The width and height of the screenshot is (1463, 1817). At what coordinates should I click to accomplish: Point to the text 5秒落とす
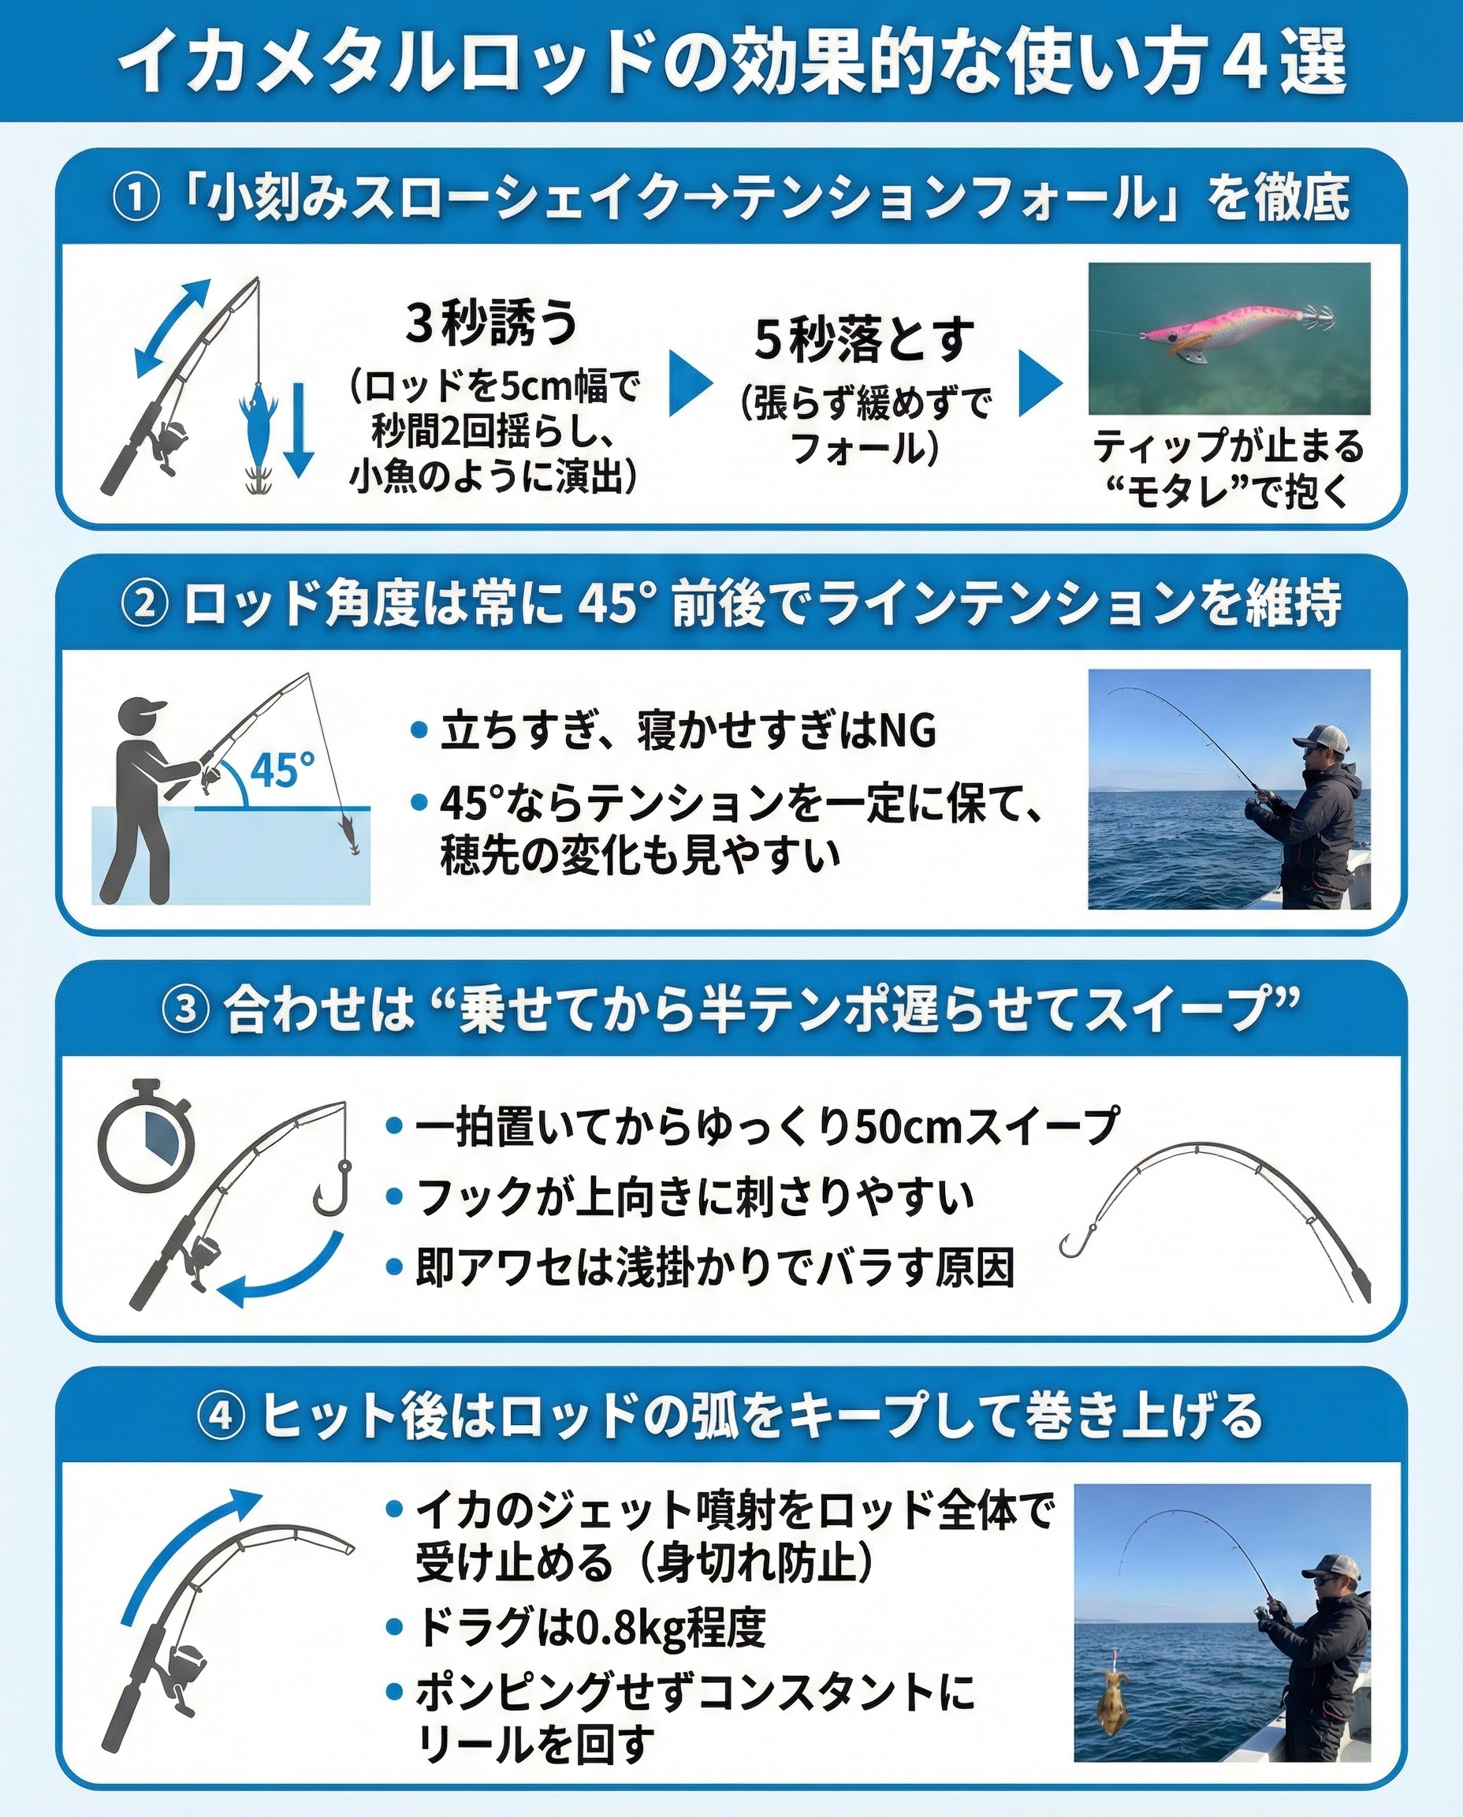pos(865,339)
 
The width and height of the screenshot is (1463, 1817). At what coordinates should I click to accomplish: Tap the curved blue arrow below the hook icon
pos(282,1273)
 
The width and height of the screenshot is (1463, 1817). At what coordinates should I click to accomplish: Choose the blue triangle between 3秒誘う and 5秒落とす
pos(691,383)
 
